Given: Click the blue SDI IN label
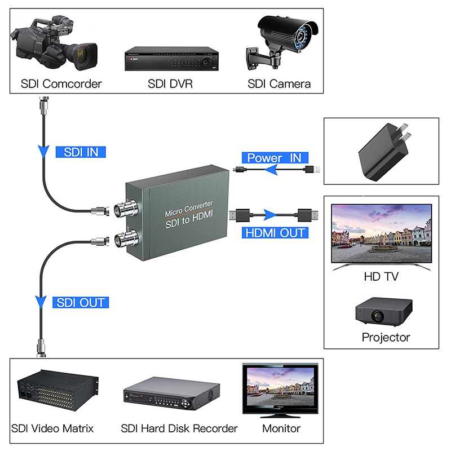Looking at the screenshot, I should pos(81,152).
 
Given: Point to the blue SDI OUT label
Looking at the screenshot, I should pos(81,302).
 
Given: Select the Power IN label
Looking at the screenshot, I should pos(275,158).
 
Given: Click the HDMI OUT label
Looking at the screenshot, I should pos(275,232).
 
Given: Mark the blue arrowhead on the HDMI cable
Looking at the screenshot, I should pos(273,215).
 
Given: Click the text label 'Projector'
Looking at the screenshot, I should pos(386,338).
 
